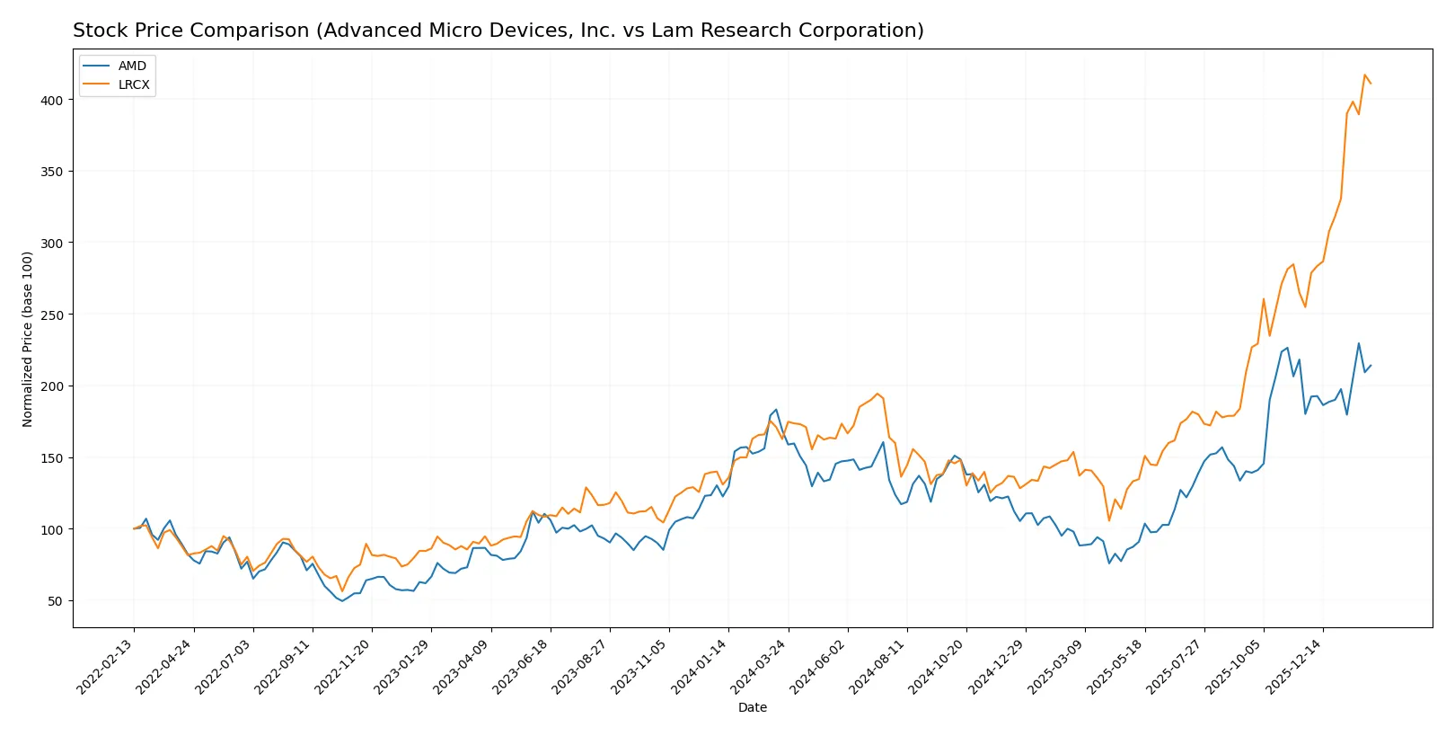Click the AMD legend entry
(x=131, y=66)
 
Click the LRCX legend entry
(x=133, y=84)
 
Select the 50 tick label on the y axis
(x=55, y=601)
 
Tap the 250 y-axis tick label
(x=51, y=315)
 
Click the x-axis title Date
(x=752, y=707)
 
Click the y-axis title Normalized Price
(x=28, y=339)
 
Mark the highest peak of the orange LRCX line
(x=1364, y=75)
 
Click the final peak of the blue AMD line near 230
(x=1359, y=343)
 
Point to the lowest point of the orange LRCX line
(x=342, y=590)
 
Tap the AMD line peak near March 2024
(x=776, y=410)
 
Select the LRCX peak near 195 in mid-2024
(x=877, y=394)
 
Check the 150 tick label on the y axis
(x=51, y=457)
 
